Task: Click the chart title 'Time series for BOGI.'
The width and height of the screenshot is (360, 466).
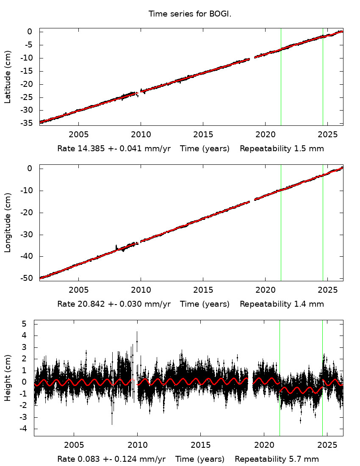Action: click(190, 14)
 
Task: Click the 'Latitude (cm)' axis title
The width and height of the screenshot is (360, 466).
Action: click(8, 77)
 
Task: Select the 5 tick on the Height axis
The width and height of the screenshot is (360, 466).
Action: click(25, 324)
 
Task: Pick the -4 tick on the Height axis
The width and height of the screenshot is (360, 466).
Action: click(23, 429)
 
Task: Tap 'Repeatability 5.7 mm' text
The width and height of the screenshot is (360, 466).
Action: click(277, 459)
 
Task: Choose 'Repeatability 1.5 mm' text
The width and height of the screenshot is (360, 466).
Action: click(282, 149)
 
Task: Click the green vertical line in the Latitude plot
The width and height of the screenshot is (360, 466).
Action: click(323, 85)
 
